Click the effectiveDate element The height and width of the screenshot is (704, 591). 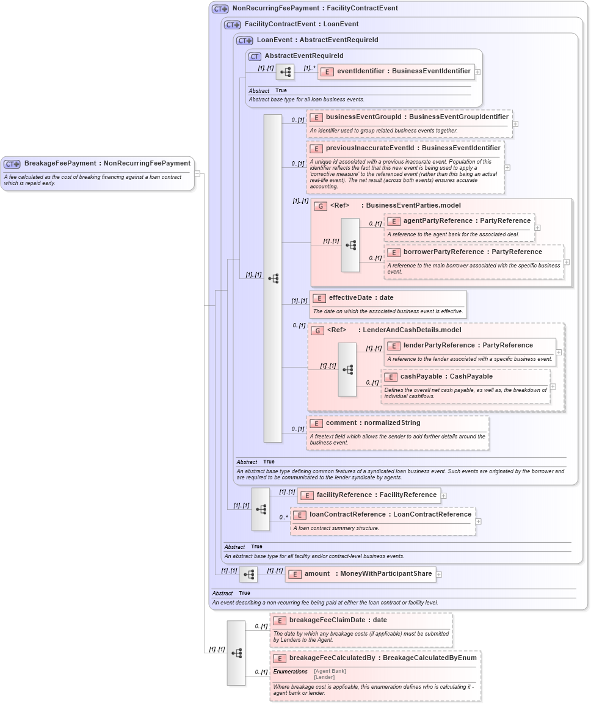[361, 298]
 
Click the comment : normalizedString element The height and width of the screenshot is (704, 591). [372, 423]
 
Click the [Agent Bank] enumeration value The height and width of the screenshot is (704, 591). [330, 671]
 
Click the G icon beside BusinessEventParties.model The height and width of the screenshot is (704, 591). [320, 206]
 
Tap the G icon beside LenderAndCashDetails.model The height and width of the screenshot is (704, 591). [317, 331]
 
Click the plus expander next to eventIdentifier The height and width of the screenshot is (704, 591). [477, 72]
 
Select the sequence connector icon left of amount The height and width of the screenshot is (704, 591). [248, 575]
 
